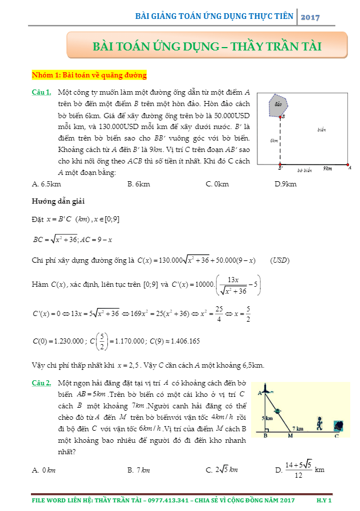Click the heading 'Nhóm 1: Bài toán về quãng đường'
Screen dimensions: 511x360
tap(89, 75)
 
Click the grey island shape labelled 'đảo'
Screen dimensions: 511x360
tap(279, 104)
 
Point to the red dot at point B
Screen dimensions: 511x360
tap(280, 116)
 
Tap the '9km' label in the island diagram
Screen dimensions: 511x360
tap(327, 169)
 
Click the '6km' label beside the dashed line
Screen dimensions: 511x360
tap(275, 140)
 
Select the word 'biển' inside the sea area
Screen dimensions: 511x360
tap(321, 130)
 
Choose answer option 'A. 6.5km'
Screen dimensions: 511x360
tap(47, 184)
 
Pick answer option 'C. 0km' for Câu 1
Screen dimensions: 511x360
tap(217, 184)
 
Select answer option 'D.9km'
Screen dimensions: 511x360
tap(285, 184)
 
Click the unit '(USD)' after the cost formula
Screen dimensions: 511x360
tap(280, 260)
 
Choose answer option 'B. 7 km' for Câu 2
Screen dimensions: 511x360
tap(139, 470)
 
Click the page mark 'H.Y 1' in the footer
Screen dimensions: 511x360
tap(324, 500)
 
